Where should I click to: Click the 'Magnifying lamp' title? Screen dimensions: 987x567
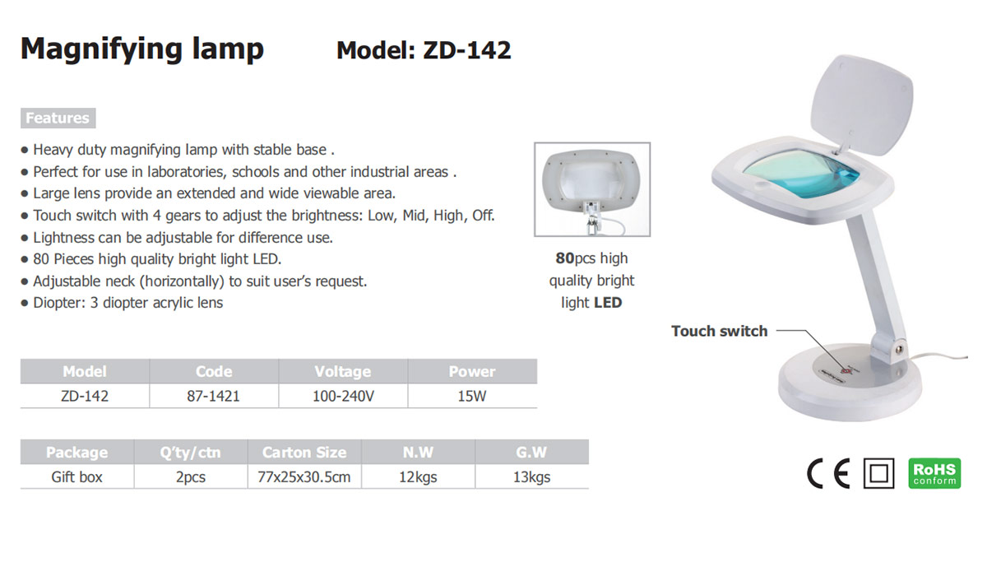pos(141,49)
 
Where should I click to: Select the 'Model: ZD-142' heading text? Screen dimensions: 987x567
pos(424,50)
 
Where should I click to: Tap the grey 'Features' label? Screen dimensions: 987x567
pos(58,119)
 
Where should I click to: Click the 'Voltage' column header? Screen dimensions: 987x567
pos(343,371)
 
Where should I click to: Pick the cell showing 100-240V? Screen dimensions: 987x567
pos(343,396)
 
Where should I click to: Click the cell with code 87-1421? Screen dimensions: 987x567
pos(213,396)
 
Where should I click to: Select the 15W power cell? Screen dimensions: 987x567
pos(472,396)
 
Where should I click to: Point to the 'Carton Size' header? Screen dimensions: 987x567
pos(304,452)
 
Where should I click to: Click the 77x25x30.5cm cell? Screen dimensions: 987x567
pos(304,476)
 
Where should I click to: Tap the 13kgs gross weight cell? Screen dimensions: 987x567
pos(532,476)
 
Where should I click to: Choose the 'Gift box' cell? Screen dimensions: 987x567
pos(76,476)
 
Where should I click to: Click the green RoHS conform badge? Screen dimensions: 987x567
pos(934,473)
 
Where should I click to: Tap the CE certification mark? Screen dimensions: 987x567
pos(828,473)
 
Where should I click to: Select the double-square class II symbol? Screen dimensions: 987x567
pos(878,473)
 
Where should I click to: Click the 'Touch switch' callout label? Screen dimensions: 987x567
pos(719,331)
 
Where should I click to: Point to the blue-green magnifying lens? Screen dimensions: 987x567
pos(801,172)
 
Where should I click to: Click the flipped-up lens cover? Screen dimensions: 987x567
pos(861,104)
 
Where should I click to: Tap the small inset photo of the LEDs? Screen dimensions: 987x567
pos(592,189)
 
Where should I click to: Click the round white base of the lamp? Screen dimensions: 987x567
pos(850,383)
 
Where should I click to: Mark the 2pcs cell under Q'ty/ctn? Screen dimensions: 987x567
pos(191,476)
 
